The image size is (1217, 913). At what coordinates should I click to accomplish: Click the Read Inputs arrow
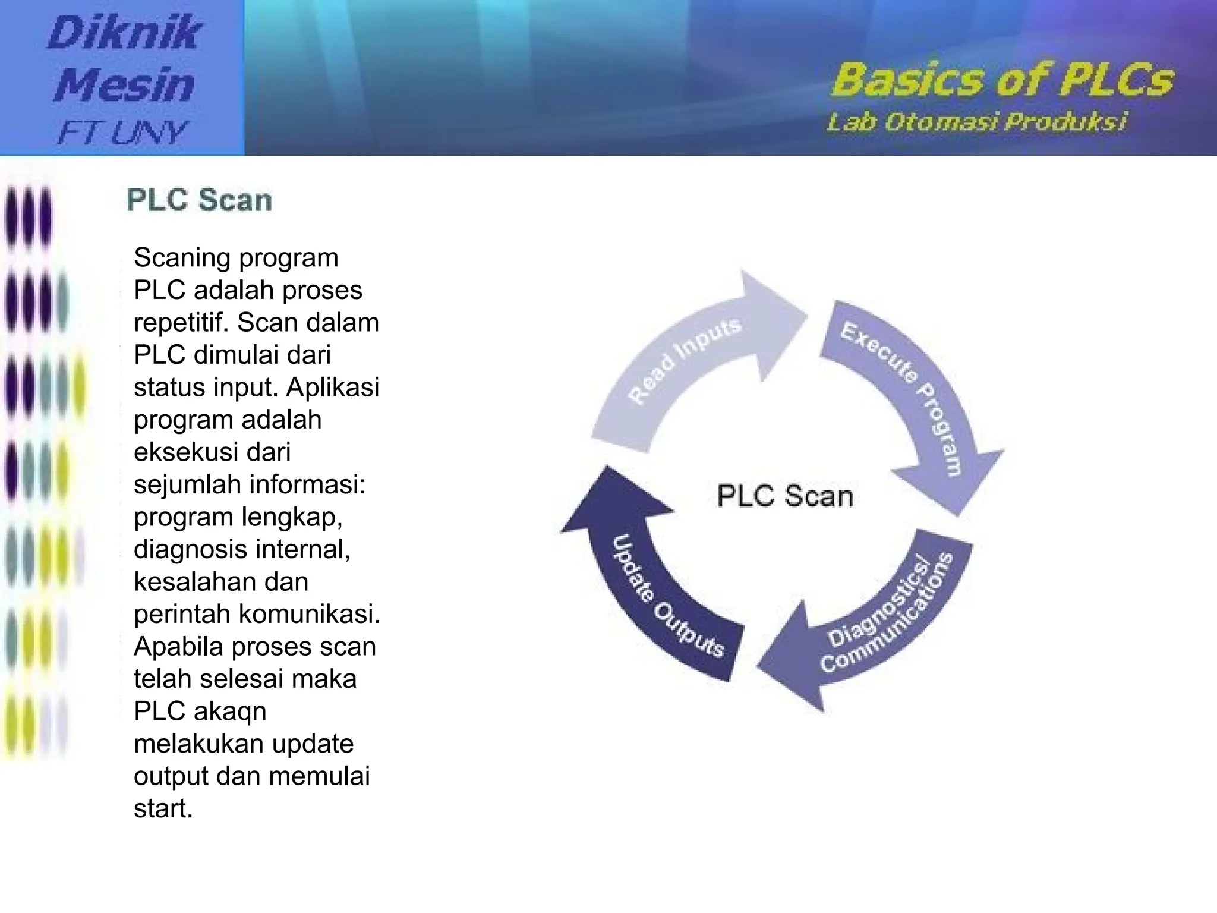[x=683, y=363]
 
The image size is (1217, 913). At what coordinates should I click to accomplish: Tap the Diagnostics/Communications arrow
[x=885, y=618]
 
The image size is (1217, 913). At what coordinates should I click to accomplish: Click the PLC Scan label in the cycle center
[x=784, y=496]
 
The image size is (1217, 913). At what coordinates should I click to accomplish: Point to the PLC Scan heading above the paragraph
[x=200, y=200]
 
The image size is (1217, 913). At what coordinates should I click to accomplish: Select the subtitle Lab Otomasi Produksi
[x=976, y=122]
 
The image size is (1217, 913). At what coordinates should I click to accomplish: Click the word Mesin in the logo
[x=125, y=84]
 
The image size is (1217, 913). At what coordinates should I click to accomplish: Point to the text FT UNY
[x=122, y=132]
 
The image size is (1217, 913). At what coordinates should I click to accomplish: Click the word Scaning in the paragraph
[x=182, y=258]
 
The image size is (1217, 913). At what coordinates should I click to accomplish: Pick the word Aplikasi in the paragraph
[x=332, y=388]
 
